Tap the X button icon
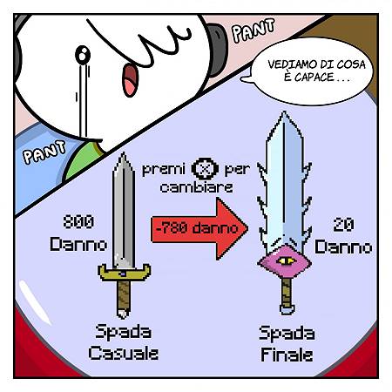205,168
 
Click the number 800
78,222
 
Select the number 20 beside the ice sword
343,225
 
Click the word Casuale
124,354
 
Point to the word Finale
287,355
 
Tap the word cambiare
196,187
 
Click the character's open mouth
130,80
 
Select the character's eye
83,54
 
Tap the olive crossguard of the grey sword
124,273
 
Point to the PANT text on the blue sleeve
44,152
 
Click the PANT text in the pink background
253,30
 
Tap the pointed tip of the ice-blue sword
284,112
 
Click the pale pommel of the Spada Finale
287,309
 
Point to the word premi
164,170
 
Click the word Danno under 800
78,244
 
